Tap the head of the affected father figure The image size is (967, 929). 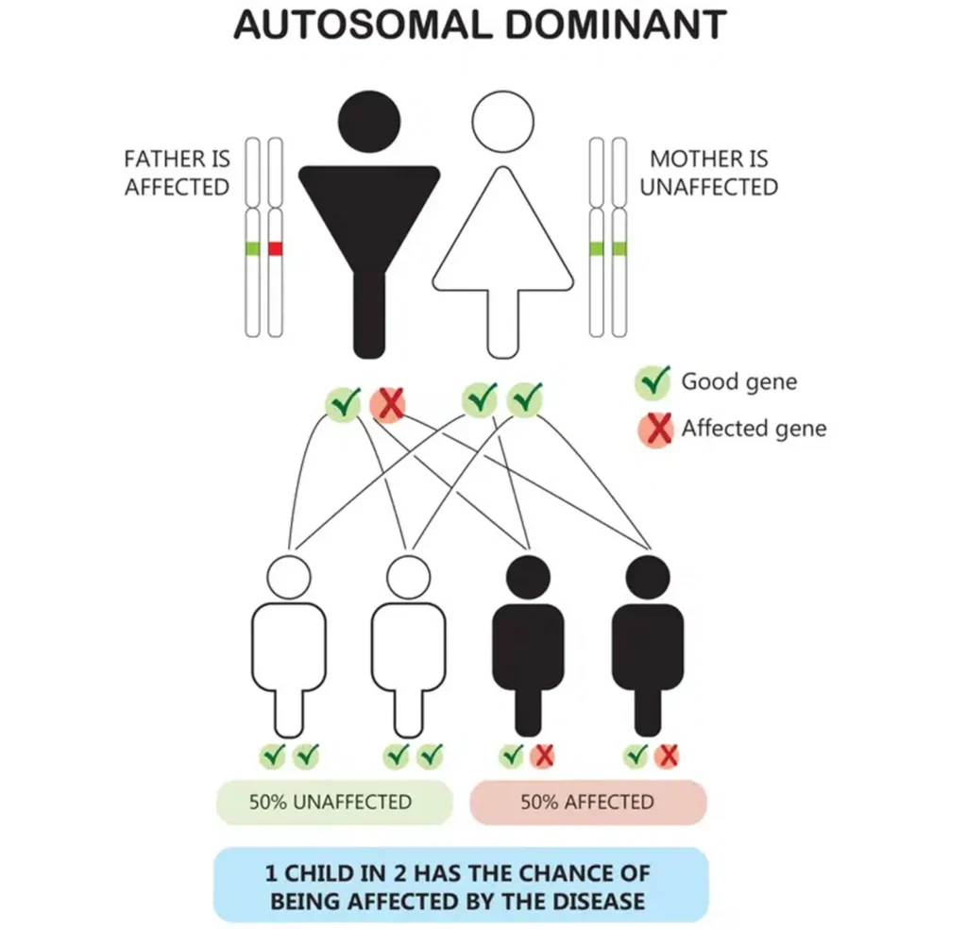(x=369, y=120)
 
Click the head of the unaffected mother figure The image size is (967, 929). (x=502, y=122)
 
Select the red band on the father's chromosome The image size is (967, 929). (x=276, y=248)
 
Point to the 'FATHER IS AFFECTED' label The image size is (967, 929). (x=177, y=173)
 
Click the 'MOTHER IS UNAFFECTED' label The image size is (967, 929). (x=708, y=173)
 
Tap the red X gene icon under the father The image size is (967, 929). (x=387, y=404)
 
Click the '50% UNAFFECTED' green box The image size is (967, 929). (x=331, y=802)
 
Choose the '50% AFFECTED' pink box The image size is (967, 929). (x=587, y=802)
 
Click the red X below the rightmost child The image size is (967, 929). (x=668, y=755)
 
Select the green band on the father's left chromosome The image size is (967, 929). (x=252, y=248)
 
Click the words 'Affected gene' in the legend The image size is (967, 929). (x=754, y=430)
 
